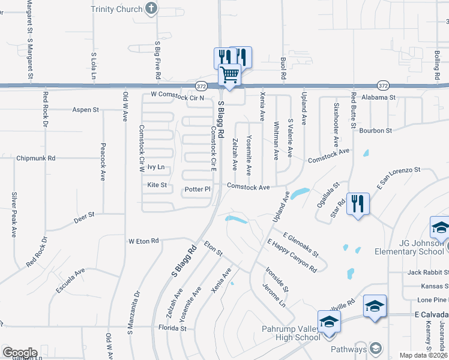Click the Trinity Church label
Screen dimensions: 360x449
[116, 9]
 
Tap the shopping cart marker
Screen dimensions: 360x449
[229, 75]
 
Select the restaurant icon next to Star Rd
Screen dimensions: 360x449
[358, 204]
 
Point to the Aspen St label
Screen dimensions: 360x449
[85, 110]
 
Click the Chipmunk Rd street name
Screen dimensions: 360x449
[36, 158]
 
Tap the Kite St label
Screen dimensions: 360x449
[157, 185]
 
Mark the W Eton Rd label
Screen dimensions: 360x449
[143, 241]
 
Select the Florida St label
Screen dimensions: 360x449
[172, 328]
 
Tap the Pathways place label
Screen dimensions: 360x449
[348, 349]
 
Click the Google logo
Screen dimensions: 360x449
[20, 352]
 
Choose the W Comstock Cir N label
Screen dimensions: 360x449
[178, 95]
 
